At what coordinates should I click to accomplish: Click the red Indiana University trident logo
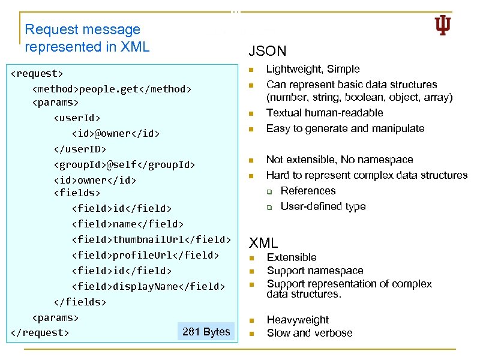(442, 25)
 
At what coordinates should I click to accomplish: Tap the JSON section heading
(267, 51)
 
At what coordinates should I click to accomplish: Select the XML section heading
(263, 243)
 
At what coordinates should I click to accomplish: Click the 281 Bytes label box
(206, 332)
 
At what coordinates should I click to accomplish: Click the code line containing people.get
(112, 89)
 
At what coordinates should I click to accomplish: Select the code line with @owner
(116, 133)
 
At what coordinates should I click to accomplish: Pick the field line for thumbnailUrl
(151, 240)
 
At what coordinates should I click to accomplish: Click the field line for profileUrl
(145, 256)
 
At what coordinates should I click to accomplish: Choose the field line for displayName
(148, 287)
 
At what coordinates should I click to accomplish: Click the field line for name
(128, 224)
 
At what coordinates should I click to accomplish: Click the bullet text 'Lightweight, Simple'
(313, 70)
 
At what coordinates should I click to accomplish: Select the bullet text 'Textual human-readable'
(325, 113)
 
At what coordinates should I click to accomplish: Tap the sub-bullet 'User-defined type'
(323, 206)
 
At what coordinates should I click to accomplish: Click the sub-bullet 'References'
(308, 191)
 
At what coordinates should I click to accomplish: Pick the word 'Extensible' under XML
(292, 257)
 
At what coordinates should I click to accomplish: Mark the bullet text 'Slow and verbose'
(310, 333)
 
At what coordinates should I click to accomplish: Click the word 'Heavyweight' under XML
(298, 320)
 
